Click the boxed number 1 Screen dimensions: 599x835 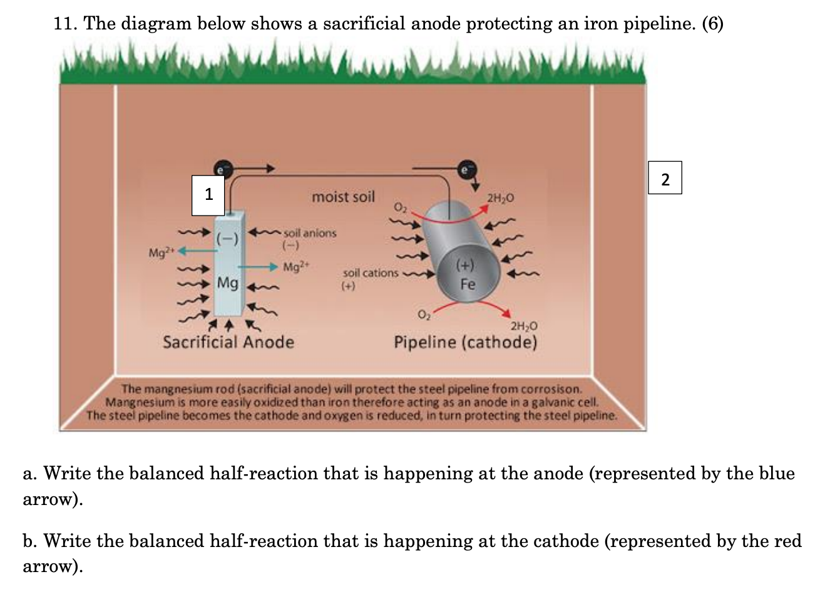click(x=208, y=194)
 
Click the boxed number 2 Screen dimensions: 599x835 click(x=665, y=179)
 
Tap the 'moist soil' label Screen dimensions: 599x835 click(x=343, y=197)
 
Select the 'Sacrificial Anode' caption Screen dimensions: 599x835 click(x=228, y=342)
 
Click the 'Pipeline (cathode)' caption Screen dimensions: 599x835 click(x=465, y=342)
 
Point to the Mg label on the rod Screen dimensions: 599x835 click(x=227, y=283)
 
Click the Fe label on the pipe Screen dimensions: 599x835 click(x=468, y=284)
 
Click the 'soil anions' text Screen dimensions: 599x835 click(x=310, y=233)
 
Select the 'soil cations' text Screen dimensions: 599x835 click(x=371, y=273)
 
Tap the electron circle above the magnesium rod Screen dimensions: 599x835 click(x=220, y=168)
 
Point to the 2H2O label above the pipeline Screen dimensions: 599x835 click(x=500, y=198)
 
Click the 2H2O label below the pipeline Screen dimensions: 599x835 click(x=523, y=326)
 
